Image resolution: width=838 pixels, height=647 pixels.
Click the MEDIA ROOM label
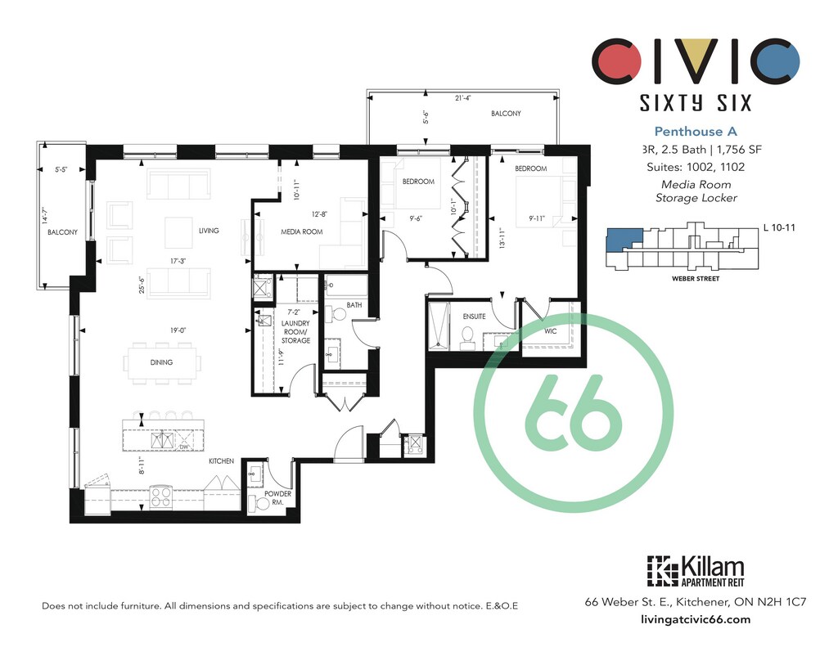pos(301,231)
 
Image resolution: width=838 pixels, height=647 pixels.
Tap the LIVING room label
pos(209,231)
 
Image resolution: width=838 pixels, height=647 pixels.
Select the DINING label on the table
pos(161,362)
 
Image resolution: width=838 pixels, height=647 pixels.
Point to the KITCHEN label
pos(221,461)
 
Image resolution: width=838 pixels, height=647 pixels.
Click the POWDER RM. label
pos(278,498)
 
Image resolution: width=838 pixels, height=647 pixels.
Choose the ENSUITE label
pos(474,317)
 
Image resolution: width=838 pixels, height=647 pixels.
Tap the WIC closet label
pos(551,331)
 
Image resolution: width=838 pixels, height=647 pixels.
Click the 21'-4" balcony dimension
pos(463,98)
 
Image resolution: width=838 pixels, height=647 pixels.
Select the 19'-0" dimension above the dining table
pos(178,330)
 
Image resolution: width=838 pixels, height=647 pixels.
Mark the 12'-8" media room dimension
pos(319,214)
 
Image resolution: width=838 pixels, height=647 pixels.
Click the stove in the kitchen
pos(161,496)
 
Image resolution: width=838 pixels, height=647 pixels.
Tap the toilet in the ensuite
pos(468,338)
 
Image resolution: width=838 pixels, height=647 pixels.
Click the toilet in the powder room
pos(261,503)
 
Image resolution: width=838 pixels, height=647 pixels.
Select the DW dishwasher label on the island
pos(184,447)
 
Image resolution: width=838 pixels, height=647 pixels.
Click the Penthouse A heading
pos(696,132)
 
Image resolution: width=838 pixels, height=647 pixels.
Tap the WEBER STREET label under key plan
pos(696,278)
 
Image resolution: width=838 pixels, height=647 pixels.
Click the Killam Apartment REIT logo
pos(696,573)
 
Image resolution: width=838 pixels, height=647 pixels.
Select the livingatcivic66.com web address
pos(696,620)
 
